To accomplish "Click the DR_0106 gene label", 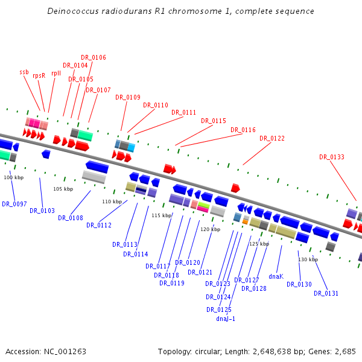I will [94, 57].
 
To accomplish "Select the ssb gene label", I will [24, 72].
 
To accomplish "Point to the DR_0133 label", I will [332, 157].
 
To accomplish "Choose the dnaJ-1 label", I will [226, 319].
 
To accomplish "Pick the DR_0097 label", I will [14, 204].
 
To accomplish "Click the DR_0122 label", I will [272, 138].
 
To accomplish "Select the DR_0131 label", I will [326, 293].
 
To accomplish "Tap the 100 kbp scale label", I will [13, 177].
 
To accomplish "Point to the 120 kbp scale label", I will [211, 229].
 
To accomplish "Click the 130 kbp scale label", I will [308, 259].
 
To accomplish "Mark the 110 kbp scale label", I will [112, 202].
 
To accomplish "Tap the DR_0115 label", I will [214, 121].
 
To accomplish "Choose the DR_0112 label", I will [99, 225].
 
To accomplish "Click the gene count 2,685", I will [345, 351].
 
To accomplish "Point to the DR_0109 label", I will [128, 97].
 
